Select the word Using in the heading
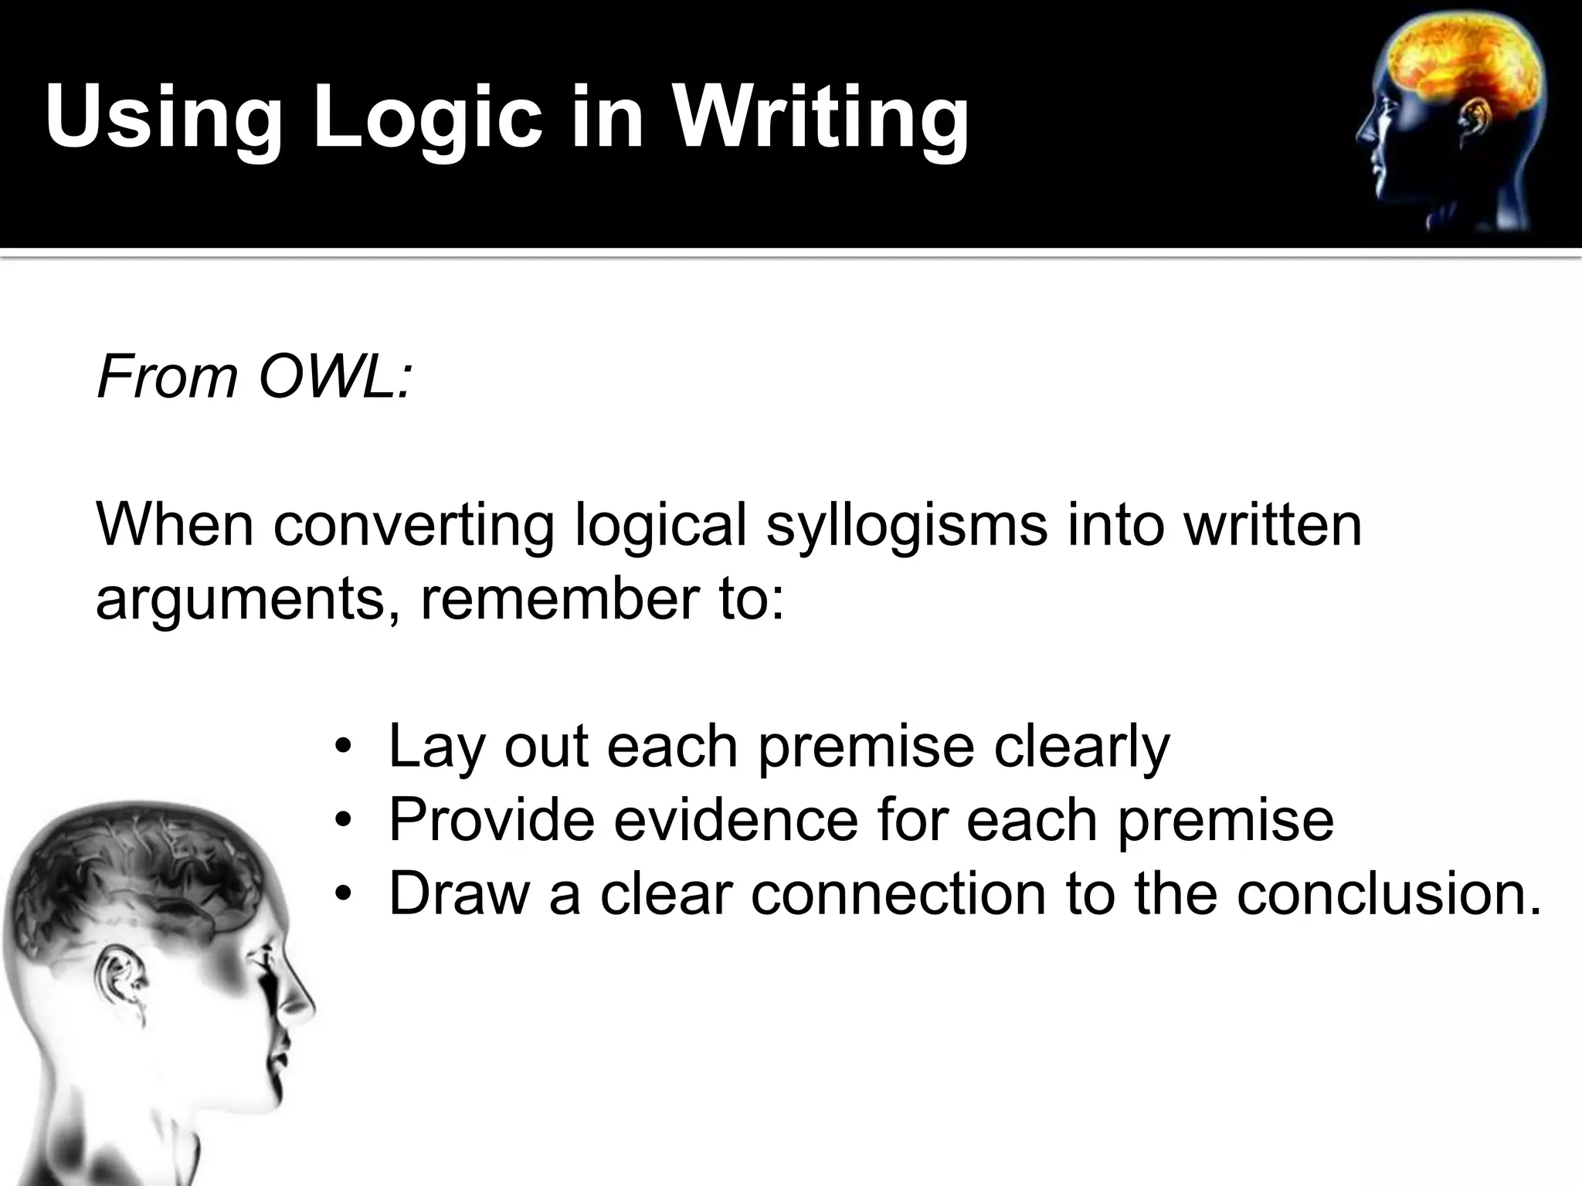163,117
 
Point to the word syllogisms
907,525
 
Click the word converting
414,525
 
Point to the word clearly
1081,747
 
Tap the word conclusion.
1387,893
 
